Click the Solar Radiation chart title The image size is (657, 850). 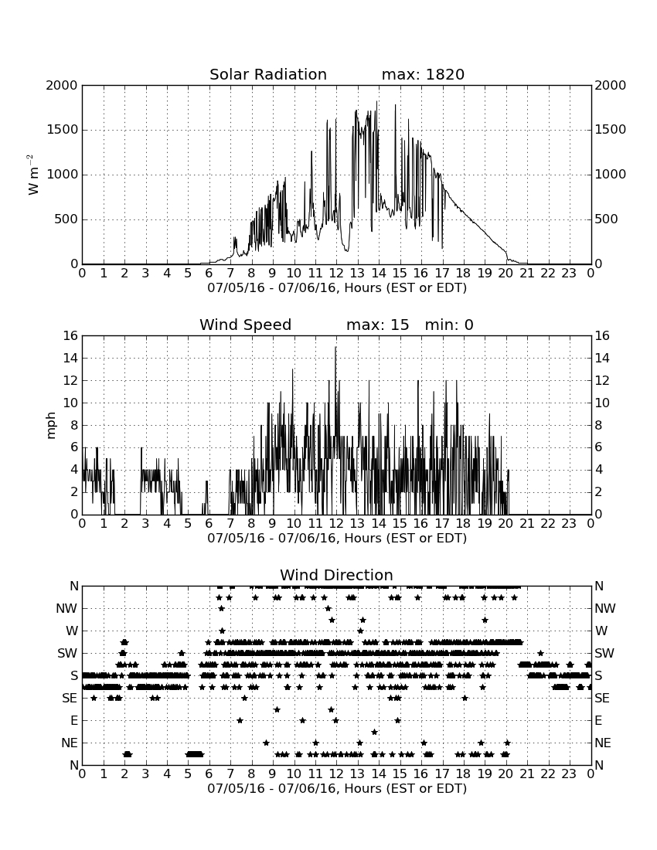tap(267, 74)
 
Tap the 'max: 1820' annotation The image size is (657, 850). tap(423, 74)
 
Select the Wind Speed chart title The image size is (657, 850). tap(245, 325)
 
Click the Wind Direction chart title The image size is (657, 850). tap(336, 575)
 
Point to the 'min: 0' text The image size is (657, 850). tap(449, 325)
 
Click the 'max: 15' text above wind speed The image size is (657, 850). tap(377, 325)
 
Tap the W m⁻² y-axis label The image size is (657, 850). tap(33, 175)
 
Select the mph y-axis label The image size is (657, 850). tap(50, 426)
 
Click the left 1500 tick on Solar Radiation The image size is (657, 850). tap(63, 130)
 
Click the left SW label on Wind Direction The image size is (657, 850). tap(68, 653)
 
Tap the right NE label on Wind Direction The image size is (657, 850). tap(603, 743)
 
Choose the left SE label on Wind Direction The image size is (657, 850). tap(70, 699)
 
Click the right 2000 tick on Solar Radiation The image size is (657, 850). tap(611, 85)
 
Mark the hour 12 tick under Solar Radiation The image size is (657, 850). tap(336, 274)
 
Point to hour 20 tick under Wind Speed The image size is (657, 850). tap(506, 524)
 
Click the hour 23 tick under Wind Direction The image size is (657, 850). tap(569, 774)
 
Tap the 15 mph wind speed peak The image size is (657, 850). tap(335, 347)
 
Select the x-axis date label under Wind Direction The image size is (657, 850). tap(337, 788)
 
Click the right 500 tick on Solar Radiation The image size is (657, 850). tap(607, 219)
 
